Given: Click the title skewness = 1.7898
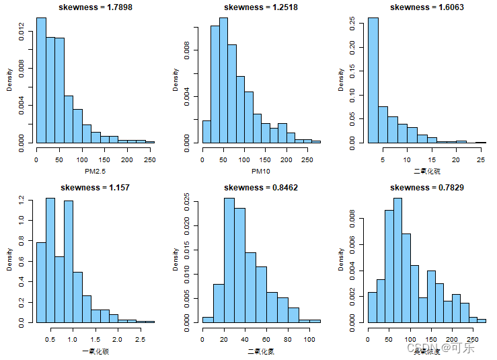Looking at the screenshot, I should point(94,7).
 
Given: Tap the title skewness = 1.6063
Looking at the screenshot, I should point(426,7).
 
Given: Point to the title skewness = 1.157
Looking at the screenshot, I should point(94,187).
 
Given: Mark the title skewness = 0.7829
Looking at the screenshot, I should point(426,187).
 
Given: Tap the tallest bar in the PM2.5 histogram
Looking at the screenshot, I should point(41,81).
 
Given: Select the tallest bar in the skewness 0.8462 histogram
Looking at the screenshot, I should point(229,260).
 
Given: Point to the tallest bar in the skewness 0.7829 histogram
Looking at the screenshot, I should point(397,260).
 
